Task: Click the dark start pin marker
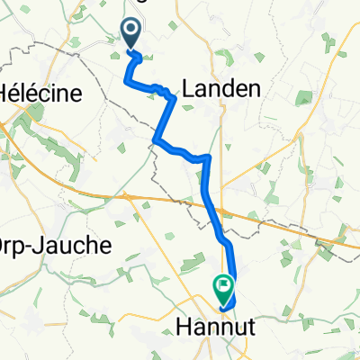pyautogui.click(x=131, y=34)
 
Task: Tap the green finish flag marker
pyautogui.click(x=222, y=288)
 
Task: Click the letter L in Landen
pyautogui.click(x=188, y=88)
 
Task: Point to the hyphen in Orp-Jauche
pyautogui.click(x=36, y=245)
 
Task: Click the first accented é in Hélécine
pyautogui.click(x=22, y=93)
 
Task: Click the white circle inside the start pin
pyautogui.click(x=131, y=31)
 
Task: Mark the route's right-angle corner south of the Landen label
pyautogui.click(x=209, y=157)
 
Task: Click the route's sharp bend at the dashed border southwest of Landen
pyautogui.click(x=157, y=139)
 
